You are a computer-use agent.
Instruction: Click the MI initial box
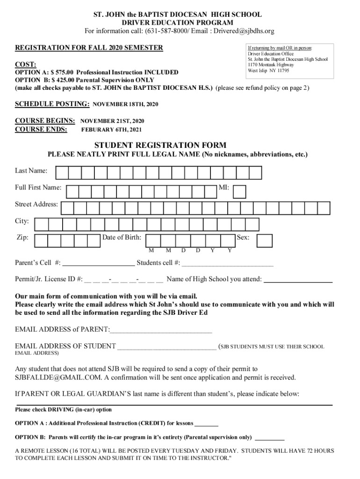click(x=239, y=191)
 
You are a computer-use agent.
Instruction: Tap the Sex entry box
click(x=265, y=240)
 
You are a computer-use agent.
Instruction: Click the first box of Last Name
click(x=62, y=173)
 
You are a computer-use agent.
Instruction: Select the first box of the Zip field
click(x=42, y=240)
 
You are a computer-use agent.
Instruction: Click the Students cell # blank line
click(x=228, y=263)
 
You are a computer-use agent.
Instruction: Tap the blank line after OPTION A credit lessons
click(x=206, y=424)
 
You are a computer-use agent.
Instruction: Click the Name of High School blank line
click(x=299, y=280)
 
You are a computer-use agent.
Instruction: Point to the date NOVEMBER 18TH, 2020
click(x=126, y=104)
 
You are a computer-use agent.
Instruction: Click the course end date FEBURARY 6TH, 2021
click(x=111, y=130)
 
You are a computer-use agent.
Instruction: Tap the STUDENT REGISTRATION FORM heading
click(x=160, y=145)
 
